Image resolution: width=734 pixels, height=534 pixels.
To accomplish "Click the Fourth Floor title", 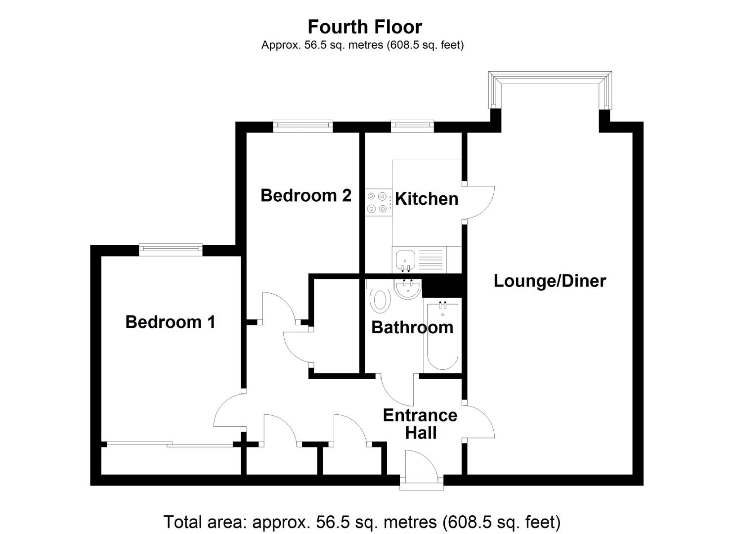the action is pyautogui.click(x=365, y=27).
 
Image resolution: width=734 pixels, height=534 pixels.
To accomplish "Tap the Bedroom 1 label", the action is pyautogui.click(x=171, y=322).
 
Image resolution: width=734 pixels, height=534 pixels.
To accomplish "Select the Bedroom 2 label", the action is pyautogui.click(x=306, y=195).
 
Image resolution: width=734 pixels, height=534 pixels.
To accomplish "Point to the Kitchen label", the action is pyautogui.click(x=427, y=199).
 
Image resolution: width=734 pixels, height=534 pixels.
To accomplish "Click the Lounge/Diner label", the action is pyautogui.click(x=550, y=281).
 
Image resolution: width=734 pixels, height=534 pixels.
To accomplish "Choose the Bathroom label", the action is pyautogui.click(x=412, y=327).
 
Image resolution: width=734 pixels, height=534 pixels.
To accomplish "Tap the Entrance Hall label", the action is pyautogui.click(x=421, y=424).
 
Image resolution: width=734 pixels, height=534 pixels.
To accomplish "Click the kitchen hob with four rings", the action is pyautogui.click(x=379, y=202).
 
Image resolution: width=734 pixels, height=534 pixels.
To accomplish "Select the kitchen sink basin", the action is pyautogui.click(x=406, y=260).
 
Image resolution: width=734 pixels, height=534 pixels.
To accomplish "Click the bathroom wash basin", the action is pyautogui.click(x=408, y=289).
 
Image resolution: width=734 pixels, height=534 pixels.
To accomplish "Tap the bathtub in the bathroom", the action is pyautogui.click(x=442, y=336).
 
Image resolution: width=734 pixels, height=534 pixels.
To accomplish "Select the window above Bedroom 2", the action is pyautogui.click(x=303, y=126).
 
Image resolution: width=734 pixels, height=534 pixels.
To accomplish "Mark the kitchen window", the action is pyautogui.click(x=413, y=126).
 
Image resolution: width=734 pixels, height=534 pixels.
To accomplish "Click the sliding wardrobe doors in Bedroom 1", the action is pyautogui.click(x=170, y=445).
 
